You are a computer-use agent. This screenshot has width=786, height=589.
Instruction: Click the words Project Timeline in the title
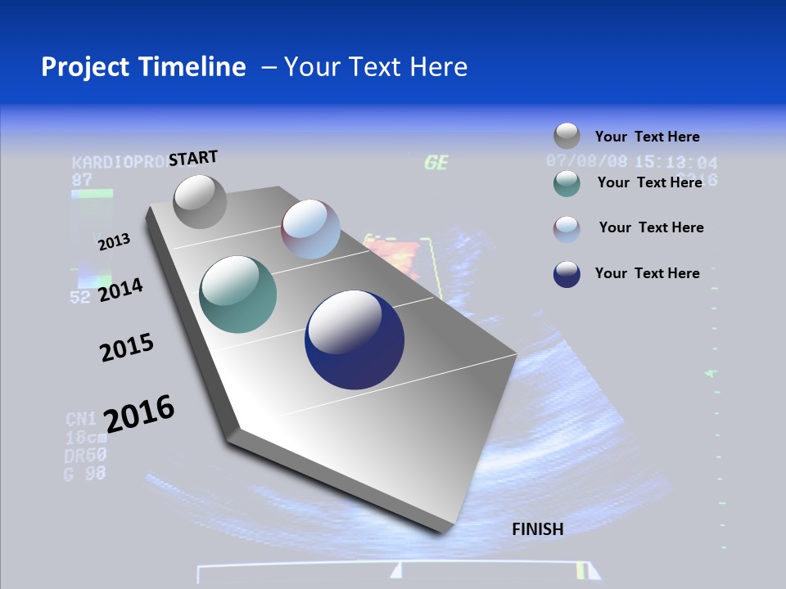pos(143,67)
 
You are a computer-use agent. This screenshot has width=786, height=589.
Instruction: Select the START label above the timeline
pos(193,158)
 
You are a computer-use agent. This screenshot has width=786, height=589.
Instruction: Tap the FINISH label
pos(538,529)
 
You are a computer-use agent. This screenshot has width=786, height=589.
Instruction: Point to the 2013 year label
pos(114,241)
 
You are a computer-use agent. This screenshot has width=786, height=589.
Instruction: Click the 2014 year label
pos(120,290)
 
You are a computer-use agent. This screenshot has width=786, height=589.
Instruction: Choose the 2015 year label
pos(127,347)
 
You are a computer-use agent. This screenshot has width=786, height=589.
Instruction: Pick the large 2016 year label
pos(139,413)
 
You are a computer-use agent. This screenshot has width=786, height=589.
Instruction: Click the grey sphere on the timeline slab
pos(200,202)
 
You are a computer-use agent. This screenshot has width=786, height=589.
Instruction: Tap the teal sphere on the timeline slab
pos(237,294)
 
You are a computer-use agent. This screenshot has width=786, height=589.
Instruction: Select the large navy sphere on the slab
pos(355,339)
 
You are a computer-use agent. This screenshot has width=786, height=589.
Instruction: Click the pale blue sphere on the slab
pos(310,229)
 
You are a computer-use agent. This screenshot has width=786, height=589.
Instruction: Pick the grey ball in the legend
pos(567,136)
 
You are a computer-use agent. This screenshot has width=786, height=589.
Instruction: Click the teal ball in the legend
pos(567,183)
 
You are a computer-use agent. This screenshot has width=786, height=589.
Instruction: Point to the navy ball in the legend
pos(567,274)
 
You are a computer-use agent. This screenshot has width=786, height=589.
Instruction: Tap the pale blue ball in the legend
pos(567,229)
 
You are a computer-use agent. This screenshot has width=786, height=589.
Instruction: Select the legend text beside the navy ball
pos(647,273)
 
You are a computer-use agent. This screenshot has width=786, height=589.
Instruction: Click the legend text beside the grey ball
pos(647,137)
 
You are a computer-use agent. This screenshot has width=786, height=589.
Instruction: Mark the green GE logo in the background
pos(436,163)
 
